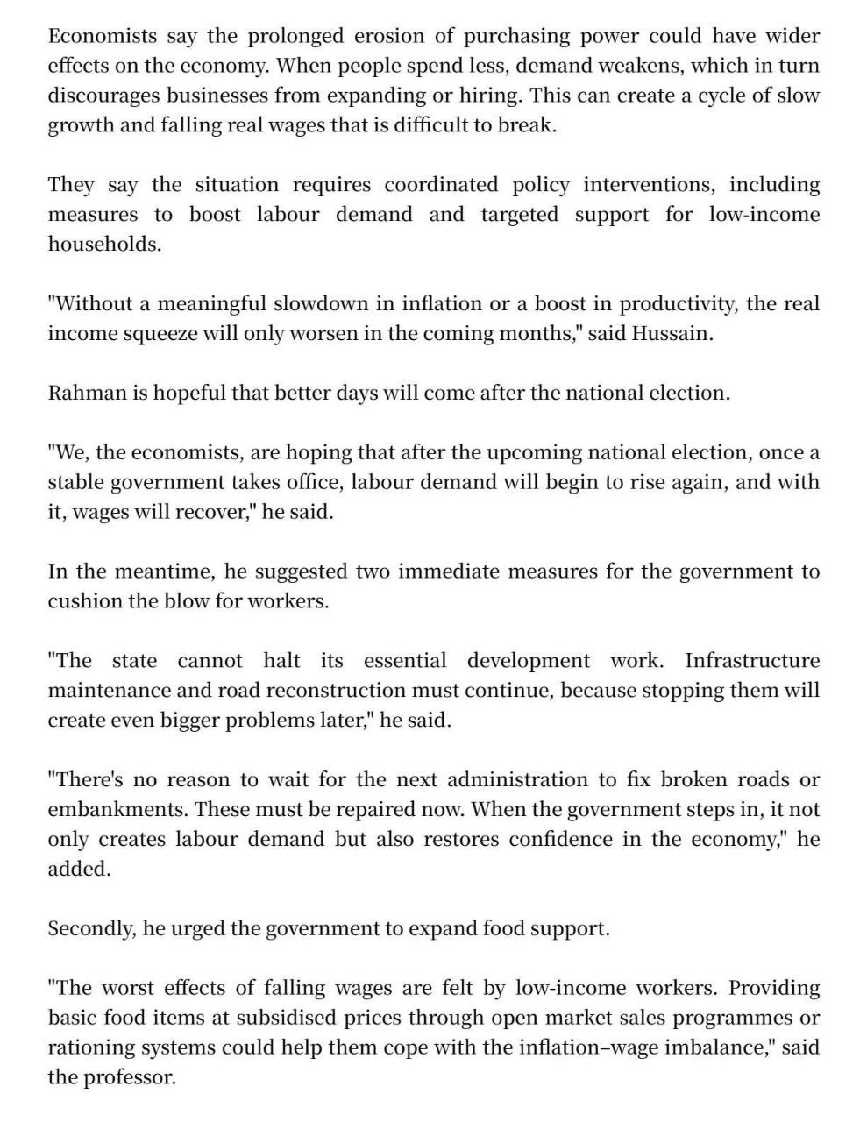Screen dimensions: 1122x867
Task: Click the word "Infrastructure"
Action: (752, 661)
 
